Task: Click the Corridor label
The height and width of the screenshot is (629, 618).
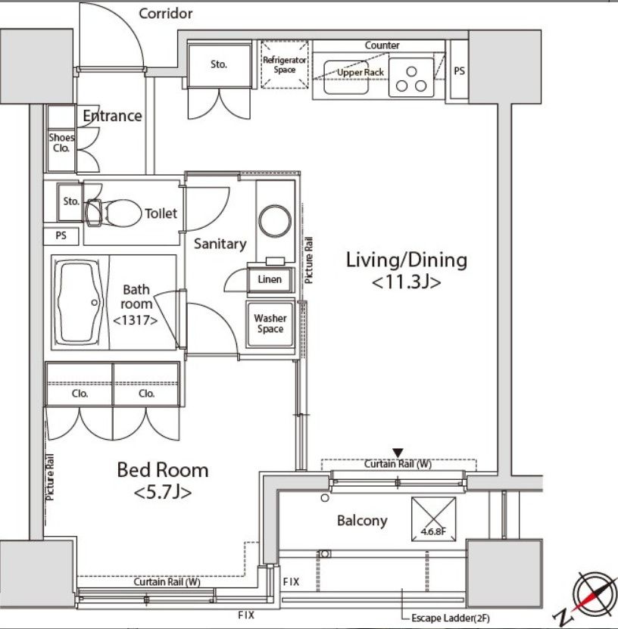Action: coord(165,14)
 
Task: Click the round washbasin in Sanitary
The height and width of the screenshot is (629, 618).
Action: coord(275,221)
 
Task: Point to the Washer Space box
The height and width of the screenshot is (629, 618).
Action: coord(270,324)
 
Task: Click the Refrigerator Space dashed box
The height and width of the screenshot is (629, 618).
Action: coord(285,64)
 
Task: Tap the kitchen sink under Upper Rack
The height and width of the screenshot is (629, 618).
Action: coord(346,77)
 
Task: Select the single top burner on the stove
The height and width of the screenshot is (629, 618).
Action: coord(411,71)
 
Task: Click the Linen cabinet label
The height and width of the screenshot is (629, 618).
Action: coord(270,279)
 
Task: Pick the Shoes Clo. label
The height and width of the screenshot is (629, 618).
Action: coord(61,143)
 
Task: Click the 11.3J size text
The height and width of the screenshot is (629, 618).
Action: coord(406,282)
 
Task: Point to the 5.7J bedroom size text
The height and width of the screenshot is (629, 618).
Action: coord(163,492)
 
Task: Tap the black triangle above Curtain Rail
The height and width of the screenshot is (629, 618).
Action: coord(398,453)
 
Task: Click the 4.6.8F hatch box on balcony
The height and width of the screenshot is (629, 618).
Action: coord(434,519)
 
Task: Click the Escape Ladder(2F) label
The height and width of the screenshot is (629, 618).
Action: coord(451,618)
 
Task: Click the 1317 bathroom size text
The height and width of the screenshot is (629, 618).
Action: coord(136,320)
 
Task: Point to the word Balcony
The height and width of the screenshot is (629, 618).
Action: coord(362,520)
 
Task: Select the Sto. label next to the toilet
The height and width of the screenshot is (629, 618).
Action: coord(71,201)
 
